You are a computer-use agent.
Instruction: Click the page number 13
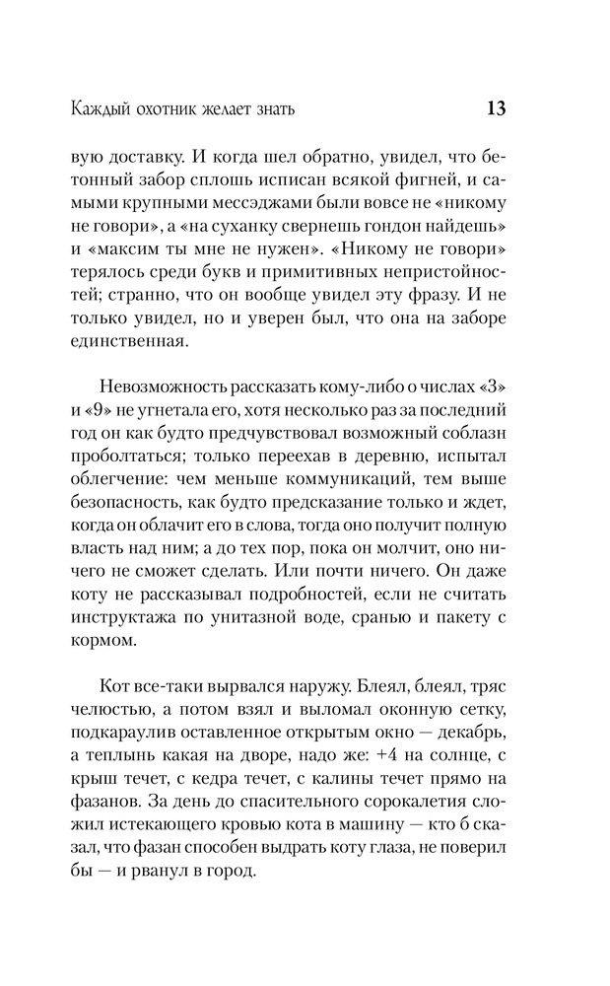pos(496,107)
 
